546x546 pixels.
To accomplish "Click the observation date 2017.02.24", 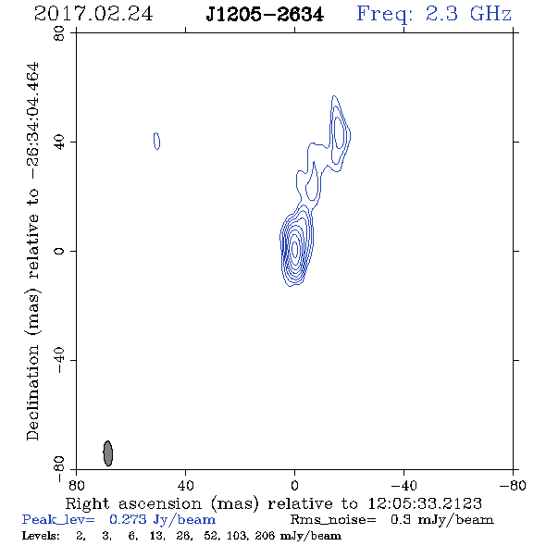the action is (93, 14).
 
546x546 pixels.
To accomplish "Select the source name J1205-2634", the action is (265, 15).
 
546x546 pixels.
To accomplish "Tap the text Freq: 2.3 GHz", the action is (434, 15).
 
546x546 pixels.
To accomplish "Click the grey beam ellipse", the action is (108, 453).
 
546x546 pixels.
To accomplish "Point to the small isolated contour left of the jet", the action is (156, 141).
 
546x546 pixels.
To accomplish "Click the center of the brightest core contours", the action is (295, 249).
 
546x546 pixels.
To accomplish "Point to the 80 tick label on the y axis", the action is (59, 33).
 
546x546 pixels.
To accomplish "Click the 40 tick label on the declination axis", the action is (59, 143).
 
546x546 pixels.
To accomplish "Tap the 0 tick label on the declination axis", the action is (59, 251).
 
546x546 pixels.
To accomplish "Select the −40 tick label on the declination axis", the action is (59, 360).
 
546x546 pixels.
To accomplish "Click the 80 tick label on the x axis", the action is (76, 486).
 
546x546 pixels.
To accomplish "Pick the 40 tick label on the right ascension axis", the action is (185, 486).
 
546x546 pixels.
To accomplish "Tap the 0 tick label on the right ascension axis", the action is (294, 486).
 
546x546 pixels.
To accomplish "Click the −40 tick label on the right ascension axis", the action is (403, 486).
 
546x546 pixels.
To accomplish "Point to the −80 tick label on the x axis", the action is (513, 486).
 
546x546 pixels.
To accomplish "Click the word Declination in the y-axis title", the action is (32, 392).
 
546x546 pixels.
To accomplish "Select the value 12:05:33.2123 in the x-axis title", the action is (425, 503).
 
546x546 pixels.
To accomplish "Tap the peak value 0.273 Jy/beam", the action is (162, 519).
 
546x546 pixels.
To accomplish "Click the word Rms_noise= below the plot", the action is (333, 520).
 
